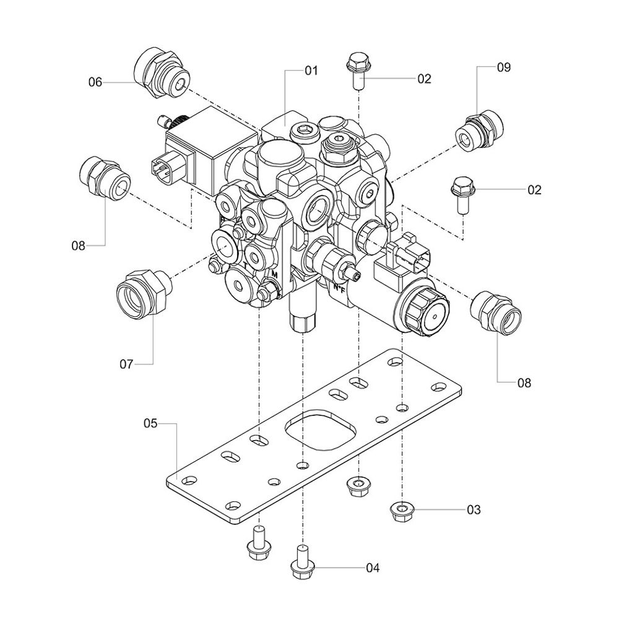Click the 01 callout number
tap(311, 71)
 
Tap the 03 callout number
tap(473, 510)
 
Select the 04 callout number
tap(373, 567)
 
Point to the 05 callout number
tap(151, 423)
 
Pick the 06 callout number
tap(95, 82)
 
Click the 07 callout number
tap(126, 364)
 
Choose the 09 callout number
tap(504, 68)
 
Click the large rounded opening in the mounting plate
tap(320, 428)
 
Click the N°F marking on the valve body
tap(339, 288)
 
